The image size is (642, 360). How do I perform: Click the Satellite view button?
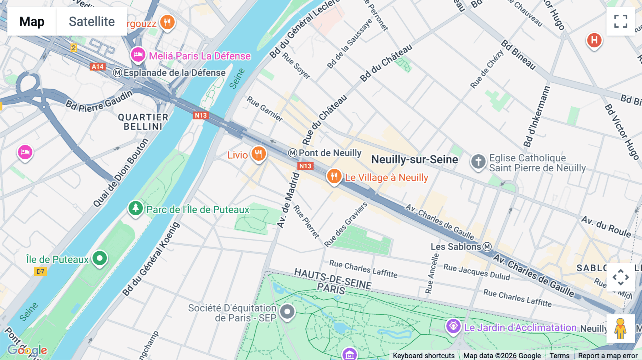point(92,21)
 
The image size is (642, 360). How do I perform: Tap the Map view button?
point(32,21)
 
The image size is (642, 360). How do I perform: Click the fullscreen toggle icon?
point(621,21)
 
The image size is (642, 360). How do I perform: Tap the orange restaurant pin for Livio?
point(259,154)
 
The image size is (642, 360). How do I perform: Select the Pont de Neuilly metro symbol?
point(292,153)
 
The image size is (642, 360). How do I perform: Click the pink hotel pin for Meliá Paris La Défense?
point(138,55)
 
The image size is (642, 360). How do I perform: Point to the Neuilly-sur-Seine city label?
point(414,159)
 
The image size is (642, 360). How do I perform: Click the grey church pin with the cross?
point(478,161)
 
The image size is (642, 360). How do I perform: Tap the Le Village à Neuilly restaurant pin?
point(334,176)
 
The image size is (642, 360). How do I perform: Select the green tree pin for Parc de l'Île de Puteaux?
point(136,208)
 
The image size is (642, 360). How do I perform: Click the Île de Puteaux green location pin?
point(100,258)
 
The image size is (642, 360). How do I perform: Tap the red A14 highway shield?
point(97,67)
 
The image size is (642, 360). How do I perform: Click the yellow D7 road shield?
point(40,272)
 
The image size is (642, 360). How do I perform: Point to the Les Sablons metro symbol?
point(487,247)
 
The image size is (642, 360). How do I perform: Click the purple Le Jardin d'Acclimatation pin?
point(453,326)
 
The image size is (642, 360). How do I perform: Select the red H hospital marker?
point(594,40)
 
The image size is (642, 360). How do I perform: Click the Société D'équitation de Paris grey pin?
point(287,312)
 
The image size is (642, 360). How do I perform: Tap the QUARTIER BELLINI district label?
point(143,122)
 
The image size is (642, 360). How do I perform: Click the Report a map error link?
point(607,356)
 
